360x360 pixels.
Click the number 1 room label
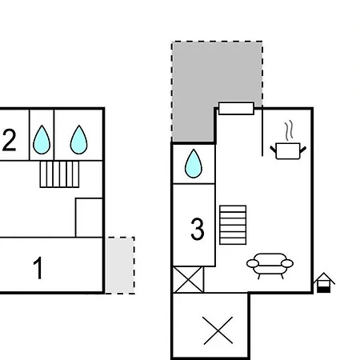tap(38, 267)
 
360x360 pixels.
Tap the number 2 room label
tap(9, 140)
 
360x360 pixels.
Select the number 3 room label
tap(198, 229)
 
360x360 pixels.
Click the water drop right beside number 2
tap(42, 140)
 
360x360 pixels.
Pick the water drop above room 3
tap(194, 163)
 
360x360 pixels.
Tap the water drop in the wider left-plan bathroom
tap(78, 140)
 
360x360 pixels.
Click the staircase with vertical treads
tap(59, 174)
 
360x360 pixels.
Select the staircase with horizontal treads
tap(233, 225)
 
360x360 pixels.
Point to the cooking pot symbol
tap(288, 151)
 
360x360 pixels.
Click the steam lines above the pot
tap(289, 130)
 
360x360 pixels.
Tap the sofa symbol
tap(270, 266)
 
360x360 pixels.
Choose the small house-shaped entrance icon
tap(324, 282)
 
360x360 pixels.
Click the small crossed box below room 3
tap(188, 279)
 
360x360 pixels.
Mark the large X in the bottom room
tap(218, 330)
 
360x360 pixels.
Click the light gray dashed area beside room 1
tap(120, 266)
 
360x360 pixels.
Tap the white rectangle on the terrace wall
tap(236, 108)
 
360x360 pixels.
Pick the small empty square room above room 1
tap(89, 218)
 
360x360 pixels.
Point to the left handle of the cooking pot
tap(274, 150)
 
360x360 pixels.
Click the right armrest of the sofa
tap(287, 263)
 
